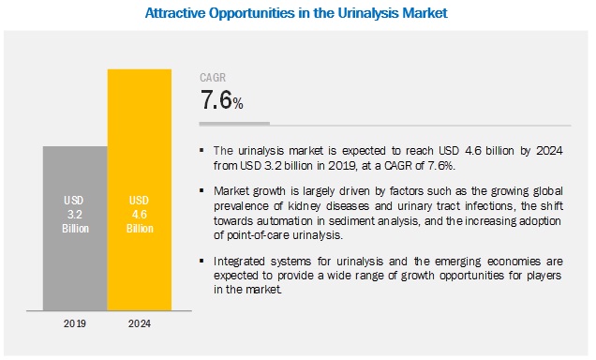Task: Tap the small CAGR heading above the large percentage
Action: click(213, 79)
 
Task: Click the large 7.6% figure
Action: click(221, 101)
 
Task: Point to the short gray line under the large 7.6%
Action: click(234, 123)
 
